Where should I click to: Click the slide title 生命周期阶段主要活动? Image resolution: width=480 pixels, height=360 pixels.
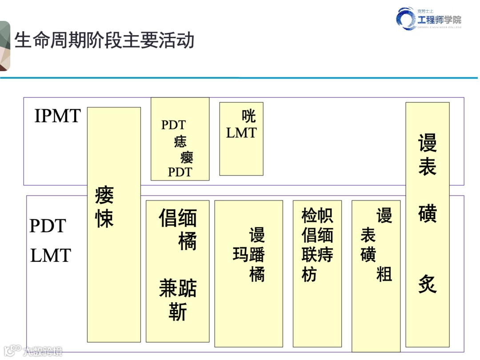click(x=105, y=40)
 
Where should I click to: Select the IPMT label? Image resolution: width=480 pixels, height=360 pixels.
click(x=57, y=116)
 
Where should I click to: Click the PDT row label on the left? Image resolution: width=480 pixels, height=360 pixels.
click(x=48, y=226)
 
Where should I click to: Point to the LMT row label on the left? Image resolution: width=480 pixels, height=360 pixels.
click(x=51, y=256)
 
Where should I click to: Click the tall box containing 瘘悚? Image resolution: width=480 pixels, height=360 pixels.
click(x=114, y=224)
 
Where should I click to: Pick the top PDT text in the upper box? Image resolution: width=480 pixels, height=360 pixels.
click(x=173, y=125)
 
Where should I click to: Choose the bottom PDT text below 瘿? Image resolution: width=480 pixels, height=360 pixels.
click(x=180, y=172)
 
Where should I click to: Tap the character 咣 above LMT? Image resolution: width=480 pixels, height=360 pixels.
click(x=248, y=116)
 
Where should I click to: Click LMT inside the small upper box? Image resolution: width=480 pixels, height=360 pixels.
click(x=241, y=132)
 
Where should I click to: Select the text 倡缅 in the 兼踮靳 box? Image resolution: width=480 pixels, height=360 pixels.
click(x=177, y=218)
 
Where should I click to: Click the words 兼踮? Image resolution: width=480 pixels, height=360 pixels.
click(x=177, y=289)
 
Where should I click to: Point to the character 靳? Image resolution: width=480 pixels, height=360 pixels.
click(x=177, y=312)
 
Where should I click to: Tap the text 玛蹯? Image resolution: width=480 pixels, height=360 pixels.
click(x=248, y=255)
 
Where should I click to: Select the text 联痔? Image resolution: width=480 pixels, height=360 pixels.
click(x=317, y=255)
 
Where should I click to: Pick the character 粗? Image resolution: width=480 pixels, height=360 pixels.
click(x=384, y=274)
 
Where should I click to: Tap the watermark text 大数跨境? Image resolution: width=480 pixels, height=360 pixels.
click(x=43, y=351)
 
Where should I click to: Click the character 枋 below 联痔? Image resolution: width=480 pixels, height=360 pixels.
click(x=309, y=274)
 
